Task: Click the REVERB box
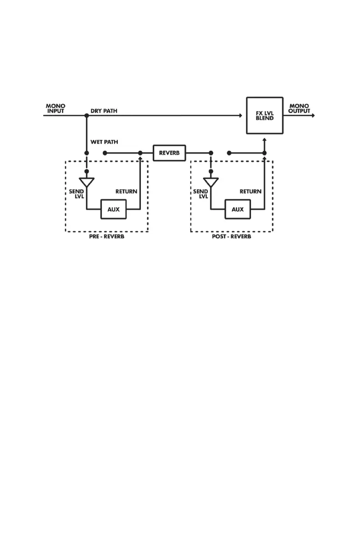click(170, 153)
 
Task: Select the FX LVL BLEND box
click(265, 115)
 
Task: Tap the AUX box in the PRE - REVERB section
click(113, 209)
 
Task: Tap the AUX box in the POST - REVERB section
click(238, 209)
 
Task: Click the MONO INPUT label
click(55, 109)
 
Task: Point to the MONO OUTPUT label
click(299, 109)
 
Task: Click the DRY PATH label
click(104, 111)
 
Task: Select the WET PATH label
click(104, 142)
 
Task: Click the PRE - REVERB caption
click(106, 237)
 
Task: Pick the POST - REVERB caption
click(231, 237)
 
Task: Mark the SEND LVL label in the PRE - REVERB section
click(76, 194)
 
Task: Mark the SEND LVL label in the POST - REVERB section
click(200, 194)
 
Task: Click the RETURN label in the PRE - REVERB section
click(126, 191)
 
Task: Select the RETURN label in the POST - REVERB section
click(250, 191)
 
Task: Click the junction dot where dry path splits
click(87, 115)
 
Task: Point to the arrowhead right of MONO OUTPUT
click(312, 115)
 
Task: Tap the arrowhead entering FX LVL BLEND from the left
click(240, 115)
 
